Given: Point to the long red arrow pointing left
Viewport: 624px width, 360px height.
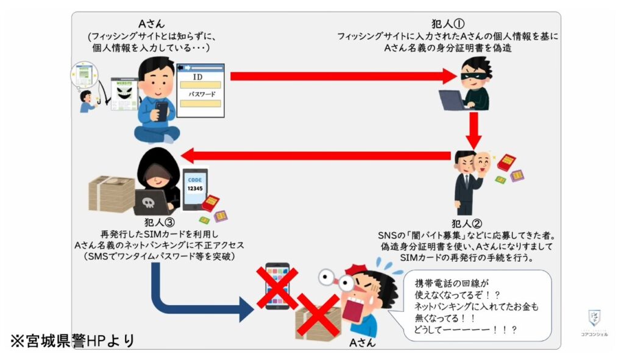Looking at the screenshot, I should (317, 155).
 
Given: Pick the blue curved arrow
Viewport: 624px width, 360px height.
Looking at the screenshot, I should (195, 298).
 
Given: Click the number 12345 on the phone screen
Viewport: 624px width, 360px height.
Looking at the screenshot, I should (194, 189).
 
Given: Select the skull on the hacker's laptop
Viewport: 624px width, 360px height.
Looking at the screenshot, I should (149, 203).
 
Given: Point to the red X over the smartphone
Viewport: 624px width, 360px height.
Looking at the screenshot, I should (278, 286).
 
